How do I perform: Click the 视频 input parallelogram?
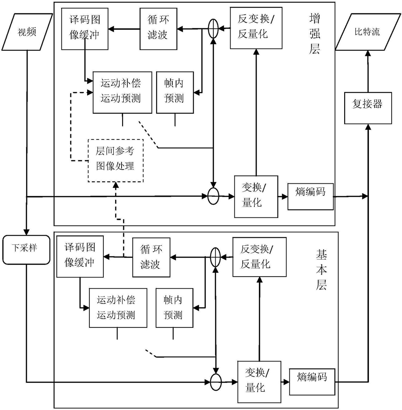coord(27,32)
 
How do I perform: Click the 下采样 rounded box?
coord(26,250)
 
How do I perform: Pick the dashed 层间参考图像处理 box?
coord(116,160)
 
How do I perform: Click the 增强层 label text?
coord(314,34)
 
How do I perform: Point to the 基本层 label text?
coord(321,270)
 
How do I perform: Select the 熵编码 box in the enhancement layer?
coord(311,197)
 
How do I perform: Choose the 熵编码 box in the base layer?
coord(312,382)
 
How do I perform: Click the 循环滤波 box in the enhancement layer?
coord(158,29)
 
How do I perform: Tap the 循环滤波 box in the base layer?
coord(151,257)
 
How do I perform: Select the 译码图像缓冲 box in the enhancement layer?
coord(85,29)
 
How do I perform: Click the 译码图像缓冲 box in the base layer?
coord(80,257)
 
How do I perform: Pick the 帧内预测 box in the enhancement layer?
coord(175,92)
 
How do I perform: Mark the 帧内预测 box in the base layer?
coord(174,308)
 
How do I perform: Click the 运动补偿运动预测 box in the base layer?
coord(118,308)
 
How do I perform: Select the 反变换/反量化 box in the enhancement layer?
coord(256,28)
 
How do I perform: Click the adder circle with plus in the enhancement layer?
coord(213,28)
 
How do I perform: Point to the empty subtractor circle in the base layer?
coord(216,382)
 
